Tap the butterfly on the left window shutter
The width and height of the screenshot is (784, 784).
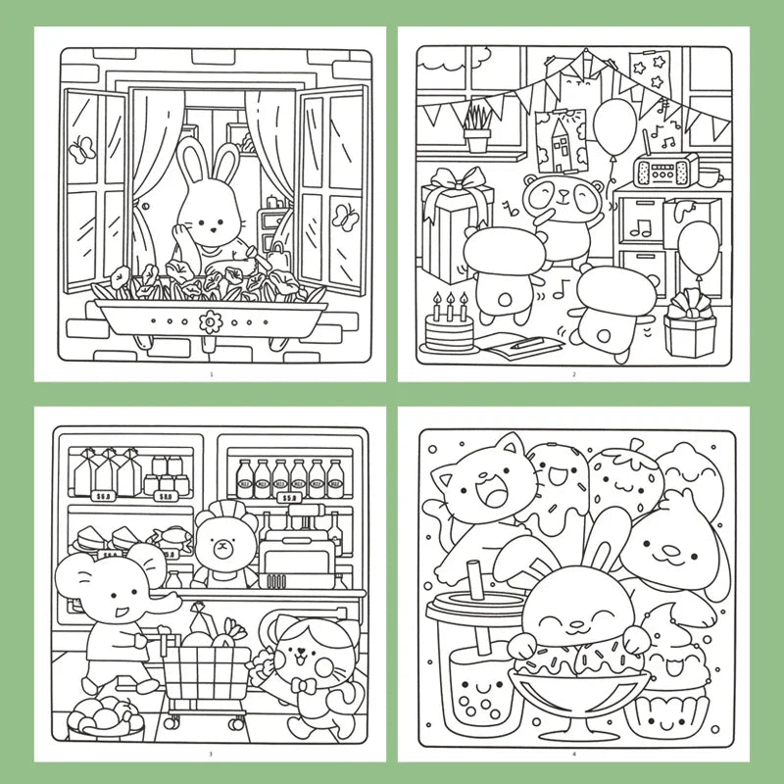tap(78, 148)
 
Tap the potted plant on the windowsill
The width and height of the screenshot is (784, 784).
tap(477, 129)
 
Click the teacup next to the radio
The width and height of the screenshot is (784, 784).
tap(708, 177)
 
